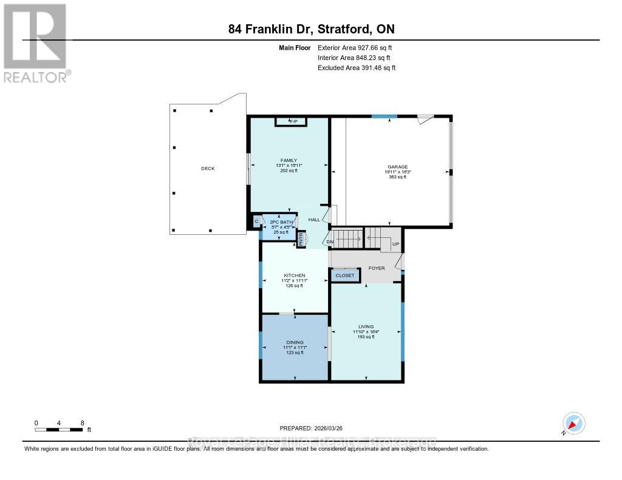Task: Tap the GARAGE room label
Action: tap(398, 167)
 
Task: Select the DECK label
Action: tap(208, 169)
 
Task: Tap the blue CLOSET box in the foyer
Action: tap(345, 275)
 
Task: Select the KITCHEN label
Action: tap(294, 275)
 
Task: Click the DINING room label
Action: tap(294, 342)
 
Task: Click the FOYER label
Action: tap(377, 268)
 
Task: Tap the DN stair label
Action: tap(330, 243)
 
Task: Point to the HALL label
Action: tap(314, 220)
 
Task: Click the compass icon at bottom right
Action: tap(573, 423)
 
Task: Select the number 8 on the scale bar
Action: tap(83, 423)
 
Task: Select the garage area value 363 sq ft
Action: tap(398, 177)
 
